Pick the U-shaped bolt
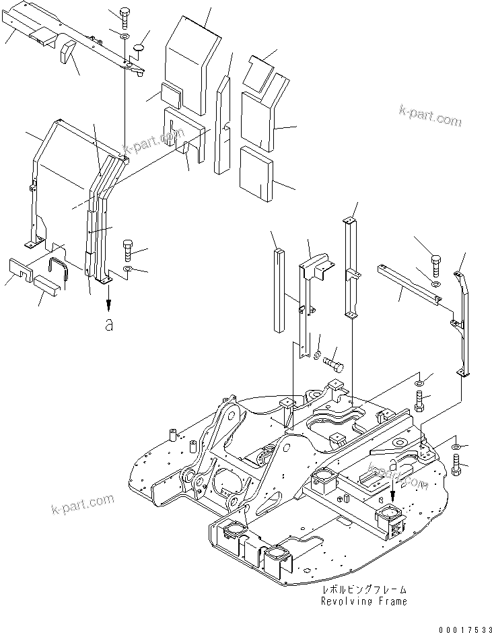(61, 268)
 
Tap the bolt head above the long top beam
(125, 13)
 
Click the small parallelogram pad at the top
(260, 73)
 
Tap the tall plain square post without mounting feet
(279, 290)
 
